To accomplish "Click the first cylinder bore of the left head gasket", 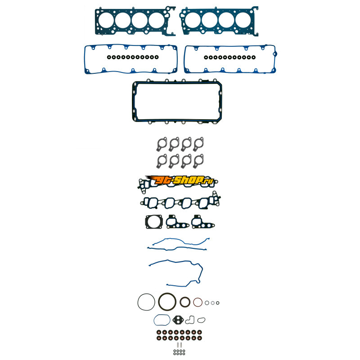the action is point(106,20).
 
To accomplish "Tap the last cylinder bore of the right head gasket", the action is point(243,20).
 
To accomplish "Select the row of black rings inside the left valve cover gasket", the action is point(133,57).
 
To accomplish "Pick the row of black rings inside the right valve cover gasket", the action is point(229,57).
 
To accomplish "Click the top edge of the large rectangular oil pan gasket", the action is point(177,82).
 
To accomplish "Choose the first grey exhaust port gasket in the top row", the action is point(162,144).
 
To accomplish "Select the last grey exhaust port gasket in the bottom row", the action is point(198,161).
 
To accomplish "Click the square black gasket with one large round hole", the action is point(154,222).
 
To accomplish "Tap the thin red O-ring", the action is point(193,302).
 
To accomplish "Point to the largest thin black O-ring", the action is point(138,302).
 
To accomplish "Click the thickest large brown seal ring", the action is point(159,301).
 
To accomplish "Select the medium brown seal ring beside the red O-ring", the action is point(180,302).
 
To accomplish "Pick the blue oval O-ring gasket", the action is point(154,320).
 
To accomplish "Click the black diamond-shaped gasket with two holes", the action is point(178,320).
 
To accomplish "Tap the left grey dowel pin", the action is point(178,345).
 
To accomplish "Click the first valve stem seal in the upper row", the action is point(159,332).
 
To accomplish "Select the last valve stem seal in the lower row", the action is point(199,338).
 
